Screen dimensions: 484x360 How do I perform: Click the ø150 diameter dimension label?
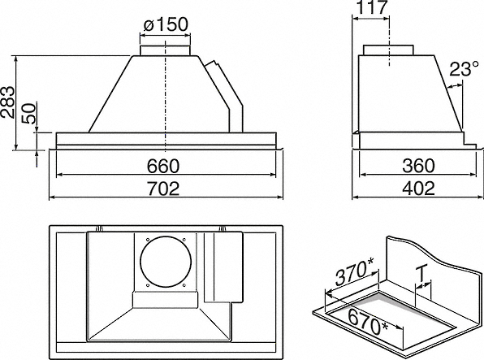tap(166, 24)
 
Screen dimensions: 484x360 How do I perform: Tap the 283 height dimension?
tap(7, 102)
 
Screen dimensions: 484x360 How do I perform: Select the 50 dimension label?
tap(29, 114)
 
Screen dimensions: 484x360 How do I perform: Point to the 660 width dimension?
tap(162, 166)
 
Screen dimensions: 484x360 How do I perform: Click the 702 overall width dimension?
tap(162, 189)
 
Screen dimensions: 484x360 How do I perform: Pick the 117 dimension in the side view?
tap(372, 7)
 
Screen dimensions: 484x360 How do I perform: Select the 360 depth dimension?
tap(418, 166)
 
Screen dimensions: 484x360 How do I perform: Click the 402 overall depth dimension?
tap(418, 189)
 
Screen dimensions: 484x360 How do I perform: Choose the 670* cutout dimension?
tap(368, 321)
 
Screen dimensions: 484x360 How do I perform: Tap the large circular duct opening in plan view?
tap(166, 262)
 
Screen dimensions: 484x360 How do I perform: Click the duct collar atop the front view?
tap(165, 50)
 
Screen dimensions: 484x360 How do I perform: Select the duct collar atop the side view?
tap(388, 50)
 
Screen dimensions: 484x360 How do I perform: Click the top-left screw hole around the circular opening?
tap(148, 239)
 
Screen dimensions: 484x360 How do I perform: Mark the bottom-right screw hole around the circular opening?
tap(184, 285)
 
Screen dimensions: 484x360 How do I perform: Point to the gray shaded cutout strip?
tap(417, 308)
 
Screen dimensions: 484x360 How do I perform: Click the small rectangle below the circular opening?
tap(165, 299)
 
